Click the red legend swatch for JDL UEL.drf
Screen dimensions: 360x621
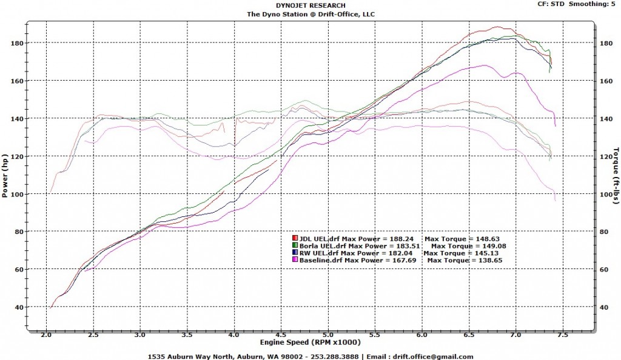295,239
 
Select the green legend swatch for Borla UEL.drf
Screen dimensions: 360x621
295,246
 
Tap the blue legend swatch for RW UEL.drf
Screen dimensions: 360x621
295,253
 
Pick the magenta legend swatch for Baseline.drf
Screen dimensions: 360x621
295,260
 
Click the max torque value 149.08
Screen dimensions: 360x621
493,246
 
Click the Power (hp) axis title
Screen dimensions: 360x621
5,175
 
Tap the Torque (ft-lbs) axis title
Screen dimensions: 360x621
616,176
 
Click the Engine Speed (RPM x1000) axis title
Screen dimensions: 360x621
311,343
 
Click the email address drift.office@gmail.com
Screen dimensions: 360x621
432,356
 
